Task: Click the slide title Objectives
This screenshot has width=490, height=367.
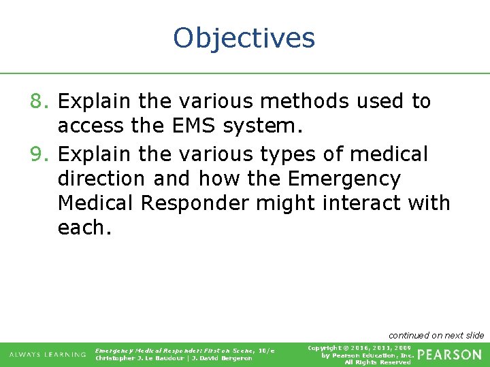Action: tap(244, 37)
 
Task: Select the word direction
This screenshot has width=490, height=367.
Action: tap(102, 178)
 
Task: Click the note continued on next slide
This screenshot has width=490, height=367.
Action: tap(436, 335)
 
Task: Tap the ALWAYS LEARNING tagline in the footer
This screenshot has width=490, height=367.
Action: tap(48, 354)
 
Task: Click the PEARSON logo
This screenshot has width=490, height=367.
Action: tap(449, 355)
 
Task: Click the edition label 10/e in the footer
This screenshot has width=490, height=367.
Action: tap(266, 350)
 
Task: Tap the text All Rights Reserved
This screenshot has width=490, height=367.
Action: tap(378, 362)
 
